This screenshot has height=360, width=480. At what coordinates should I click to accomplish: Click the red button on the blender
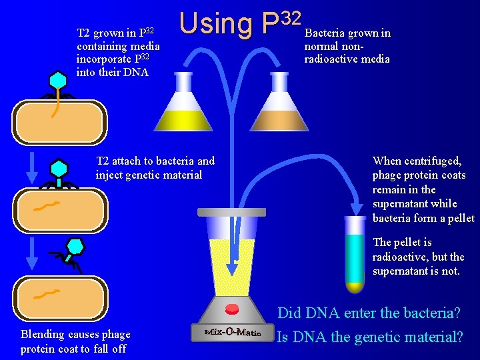232,309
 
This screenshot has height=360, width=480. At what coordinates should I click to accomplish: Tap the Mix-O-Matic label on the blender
233,331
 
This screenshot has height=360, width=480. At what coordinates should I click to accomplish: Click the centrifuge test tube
355,253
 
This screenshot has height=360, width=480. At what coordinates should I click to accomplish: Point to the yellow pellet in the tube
355,287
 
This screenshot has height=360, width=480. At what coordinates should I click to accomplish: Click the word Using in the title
216,24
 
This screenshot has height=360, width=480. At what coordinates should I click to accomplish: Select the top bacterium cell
59,122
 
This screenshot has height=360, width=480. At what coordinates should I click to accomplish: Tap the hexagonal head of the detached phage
76,247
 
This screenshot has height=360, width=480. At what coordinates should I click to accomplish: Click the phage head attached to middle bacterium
59,167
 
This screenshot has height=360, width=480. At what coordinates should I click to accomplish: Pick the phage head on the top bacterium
59,80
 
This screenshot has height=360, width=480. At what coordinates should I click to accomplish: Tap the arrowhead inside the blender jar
231,268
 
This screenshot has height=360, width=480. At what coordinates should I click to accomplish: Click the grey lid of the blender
231,212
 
